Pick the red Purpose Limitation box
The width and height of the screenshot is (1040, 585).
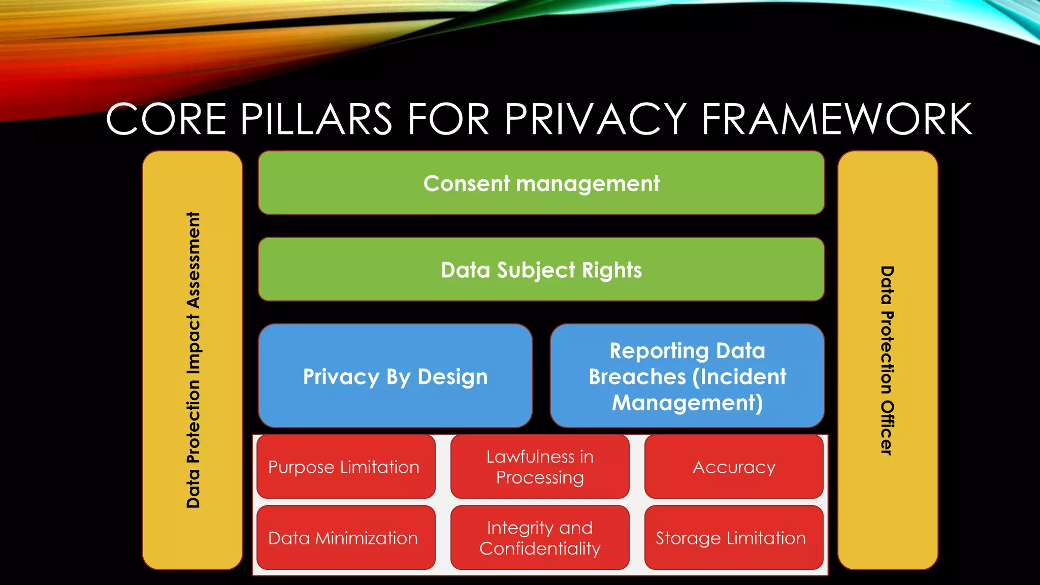pyautogui.click(x=345, y=467)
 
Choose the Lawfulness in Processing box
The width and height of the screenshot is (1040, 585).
pyautogui.click(x=540, y=467)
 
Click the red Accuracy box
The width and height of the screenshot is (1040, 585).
pyautogui.click(x=734, y=467)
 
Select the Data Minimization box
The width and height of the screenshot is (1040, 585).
pyautogui.click(x=345, y=538)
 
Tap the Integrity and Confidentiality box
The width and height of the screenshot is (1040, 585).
pyautogui.click(x=540, y=538)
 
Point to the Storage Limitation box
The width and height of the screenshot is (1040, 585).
pyautogui.click(x=734, y=538)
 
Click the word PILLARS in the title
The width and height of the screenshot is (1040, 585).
pyautogui.click(x=316, y=119)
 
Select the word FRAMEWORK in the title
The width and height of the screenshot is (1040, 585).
pyautogui.click(x=836, y=119)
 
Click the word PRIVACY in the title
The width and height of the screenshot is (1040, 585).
pyautogui.click(x=595, y=119)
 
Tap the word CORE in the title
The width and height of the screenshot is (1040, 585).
pyautogui.click(x=166, y=119)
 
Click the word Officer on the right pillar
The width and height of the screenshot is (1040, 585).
pyautogui.click(x=887, y=427)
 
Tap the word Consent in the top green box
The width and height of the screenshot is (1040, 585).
pyautogui.click(x=466, y=183)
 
